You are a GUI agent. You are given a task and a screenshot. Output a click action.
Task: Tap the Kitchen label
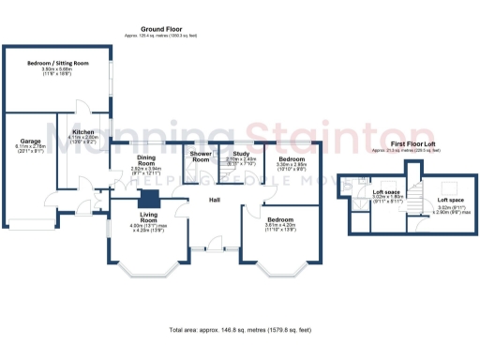83,133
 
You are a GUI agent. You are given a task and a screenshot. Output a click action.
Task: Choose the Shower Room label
201,157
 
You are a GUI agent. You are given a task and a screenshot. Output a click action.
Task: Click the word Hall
214,200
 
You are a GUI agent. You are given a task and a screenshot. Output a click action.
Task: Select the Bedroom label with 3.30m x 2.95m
292,159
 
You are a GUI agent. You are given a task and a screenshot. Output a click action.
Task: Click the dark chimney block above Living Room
148,199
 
